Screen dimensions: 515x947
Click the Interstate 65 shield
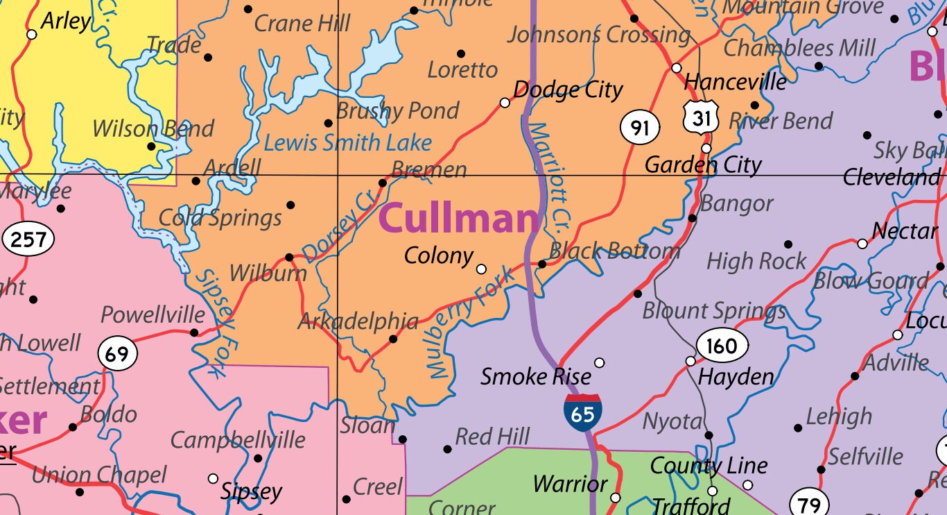tap(582, 413)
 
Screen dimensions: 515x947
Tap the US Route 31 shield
tap(701, 119)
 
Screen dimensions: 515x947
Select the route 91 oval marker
tap(640, 128)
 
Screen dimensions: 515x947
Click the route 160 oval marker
tap(722, 345)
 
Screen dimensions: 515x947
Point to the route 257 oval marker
tap(28, 240)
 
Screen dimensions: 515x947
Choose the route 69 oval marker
tap(117, 355)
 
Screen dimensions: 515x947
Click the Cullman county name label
tap(458, 218)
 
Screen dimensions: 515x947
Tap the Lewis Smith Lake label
tap(348, 144)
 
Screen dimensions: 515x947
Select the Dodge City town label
tap(568, 90)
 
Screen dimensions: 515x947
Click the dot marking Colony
tap(481, 269)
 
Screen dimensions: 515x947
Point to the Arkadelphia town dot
tap(393, 339)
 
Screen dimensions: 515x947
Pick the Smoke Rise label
tap(536, 377)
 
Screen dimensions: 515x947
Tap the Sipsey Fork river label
tap(216, 323)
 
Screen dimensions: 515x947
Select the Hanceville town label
tap(735, 82)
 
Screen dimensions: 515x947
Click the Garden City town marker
tap(706, 148)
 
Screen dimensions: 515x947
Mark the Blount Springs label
tap(714, 311)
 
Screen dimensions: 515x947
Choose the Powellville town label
tap(153, 315)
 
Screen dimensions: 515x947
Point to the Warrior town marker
tap(616, 498)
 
